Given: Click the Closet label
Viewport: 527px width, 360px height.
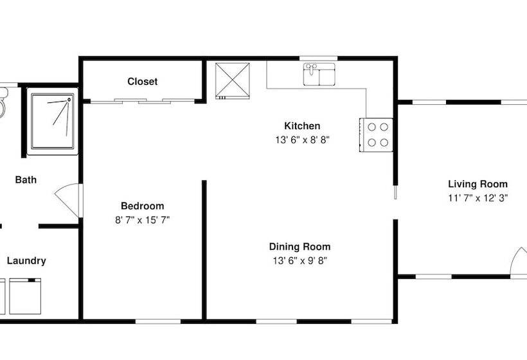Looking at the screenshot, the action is [x=143, y=82].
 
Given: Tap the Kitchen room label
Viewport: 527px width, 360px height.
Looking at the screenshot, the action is [x=302, y=126].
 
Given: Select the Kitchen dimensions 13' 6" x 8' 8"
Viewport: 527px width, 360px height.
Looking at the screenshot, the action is [x=302, y=140].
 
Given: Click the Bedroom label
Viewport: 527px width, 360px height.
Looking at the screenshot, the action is [x=143, y=206].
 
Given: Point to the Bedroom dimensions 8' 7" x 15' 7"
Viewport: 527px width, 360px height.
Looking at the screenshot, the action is [x=143, y=220].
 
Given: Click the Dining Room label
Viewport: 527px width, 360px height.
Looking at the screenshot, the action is [x=299, y=247].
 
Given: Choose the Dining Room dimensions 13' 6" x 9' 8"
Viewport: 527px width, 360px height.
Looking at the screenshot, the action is [x=299, y=261].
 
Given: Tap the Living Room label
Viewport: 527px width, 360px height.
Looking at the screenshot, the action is [x=478, y=184].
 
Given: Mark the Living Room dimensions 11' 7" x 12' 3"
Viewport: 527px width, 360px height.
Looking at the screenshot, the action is [x=478, y=198].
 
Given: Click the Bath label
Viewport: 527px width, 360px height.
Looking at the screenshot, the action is [x=26, y=180].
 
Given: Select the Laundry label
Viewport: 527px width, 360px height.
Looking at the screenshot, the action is [x=26, y=261].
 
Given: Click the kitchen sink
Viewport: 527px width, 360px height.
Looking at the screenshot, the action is [x=319, y=75].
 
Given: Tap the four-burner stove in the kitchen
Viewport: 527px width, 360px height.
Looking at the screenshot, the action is [x=376, y=135].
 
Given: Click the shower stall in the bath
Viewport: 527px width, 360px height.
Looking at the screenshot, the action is [x=53, y=122].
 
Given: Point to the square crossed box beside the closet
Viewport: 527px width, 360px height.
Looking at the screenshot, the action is [x=233, y=80].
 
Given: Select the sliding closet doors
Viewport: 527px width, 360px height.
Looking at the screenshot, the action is [x=143, y=101].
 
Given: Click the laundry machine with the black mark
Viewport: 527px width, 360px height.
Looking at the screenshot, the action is [x=25, y=296].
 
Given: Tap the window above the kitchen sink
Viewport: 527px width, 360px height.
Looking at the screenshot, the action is [x=319, y=59].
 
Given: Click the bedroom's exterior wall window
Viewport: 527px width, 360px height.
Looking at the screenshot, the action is [x=158, y=321].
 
